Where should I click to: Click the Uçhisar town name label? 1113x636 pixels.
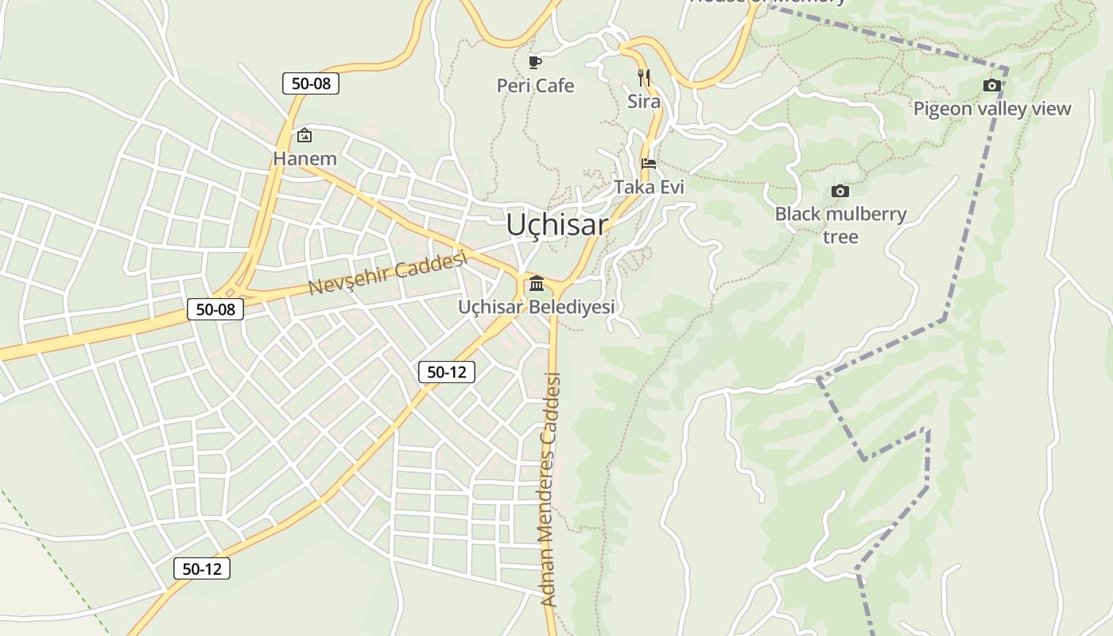tap(556, 225)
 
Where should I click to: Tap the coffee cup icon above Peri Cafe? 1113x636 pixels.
tap(535, 61)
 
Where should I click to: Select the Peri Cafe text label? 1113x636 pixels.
tap(535, 86)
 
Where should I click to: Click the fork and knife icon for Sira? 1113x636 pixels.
tap(644, 78)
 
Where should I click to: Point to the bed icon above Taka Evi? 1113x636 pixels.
tap(649, 164)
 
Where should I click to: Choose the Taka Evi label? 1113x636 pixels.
tap(649, 187)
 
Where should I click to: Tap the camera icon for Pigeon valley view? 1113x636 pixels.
tap(991, 85)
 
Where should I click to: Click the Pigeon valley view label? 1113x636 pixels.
tap(991, 109)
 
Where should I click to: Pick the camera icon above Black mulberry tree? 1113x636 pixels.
tap(840, 191)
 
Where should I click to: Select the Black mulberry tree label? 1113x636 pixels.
tap(840, 225)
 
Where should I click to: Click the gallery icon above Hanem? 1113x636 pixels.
tap(304, 136)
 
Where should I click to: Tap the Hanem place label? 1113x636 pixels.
tap(304, 159)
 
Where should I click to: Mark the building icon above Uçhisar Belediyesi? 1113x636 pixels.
tap(537, 284)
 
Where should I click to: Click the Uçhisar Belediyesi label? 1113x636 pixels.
tap(537, 307)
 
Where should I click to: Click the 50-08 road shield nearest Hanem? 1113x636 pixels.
tap(311, 83)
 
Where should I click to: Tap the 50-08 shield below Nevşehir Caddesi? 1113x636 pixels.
tap(215, 309)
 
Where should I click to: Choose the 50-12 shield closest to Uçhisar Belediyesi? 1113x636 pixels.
tap(447, 371)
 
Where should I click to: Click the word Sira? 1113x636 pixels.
tap(644, 102)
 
